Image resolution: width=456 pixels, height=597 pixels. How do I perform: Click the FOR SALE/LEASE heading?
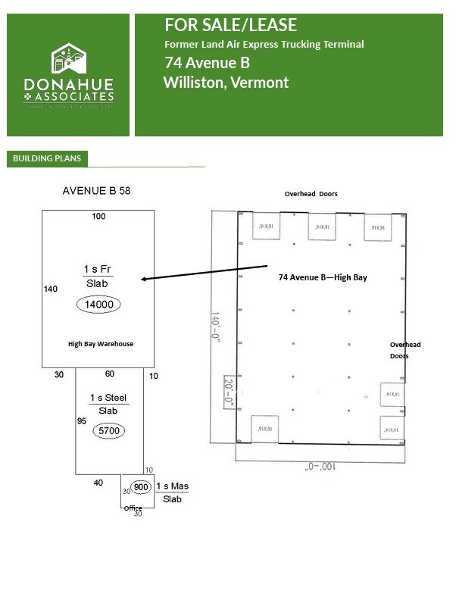(230, 26)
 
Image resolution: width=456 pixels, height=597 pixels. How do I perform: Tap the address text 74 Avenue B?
(207, 63)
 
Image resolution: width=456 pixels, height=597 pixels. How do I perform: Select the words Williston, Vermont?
(226, 82)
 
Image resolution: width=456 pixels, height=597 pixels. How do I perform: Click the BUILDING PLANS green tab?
(47, 159)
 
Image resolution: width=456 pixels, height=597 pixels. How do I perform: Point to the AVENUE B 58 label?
(96, 191)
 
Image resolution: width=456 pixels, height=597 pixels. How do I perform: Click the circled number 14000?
(98, 305)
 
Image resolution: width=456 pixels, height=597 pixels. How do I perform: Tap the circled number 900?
(139, 487)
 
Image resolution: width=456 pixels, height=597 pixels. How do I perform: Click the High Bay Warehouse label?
(101, 344)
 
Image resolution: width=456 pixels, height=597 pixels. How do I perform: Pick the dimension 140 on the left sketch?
(51, 289)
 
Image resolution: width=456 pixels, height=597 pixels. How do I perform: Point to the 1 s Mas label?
(169, 486)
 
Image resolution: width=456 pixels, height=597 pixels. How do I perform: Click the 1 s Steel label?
(108, 399)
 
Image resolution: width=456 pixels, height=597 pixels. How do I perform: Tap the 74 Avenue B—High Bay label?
(323, 277)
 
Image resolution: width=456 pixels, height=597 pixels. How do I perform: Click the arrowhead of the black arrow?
(145, 280)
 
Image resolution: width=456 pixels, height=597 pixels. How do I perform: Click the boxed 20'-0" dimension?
(229, 392)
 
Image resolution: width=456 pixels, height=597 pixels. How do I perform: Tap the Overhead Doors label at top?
(311, 194)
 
